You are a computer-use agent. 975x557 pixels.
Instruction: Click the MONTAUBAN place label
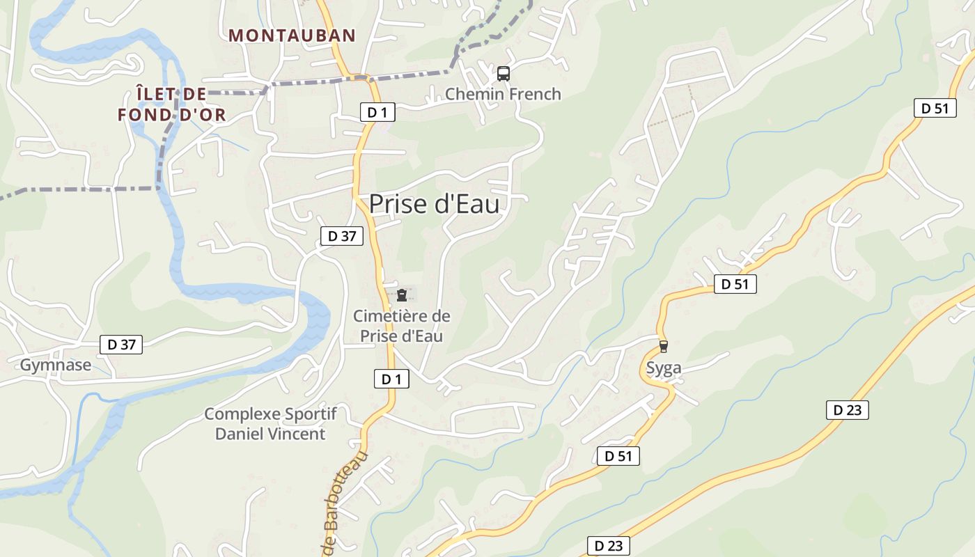292,35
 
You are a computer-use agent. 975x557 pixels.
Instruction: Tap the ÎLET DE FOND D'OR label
172,104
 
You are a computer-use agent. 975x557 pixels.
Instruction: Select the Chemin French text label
503,94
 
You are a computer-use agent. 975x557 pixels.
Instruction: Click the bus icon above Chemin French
504,73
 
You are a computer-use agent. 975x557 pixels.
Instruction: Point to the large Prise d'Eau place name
434,204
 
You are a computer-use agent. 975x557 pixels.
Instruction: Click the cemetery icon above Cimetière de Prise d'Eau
402,295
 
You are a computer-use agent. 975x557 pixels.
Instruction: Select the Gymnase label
56,365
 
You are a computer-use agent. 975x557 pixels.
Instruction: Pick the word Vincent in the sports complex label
297,434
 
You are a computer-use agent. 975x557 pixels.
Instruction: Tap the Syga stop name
664,368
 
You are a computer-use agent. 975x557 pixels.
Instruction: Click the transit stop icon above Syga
664,346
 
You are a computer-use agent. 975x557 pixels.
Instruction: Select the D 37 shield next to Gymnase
121,344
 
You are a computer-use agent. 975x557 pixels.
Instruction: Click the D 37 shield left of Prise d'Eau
342,236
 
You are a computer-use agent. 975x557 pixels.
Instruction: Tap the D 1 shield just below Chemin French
377,111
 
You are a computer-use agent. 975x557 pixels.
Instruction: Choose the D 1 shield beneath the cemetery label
391,379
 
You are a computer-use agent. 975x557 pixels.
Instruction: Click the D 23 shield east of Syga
848,410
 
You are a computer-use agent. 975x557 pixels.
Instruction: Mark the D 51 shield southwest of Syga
618,456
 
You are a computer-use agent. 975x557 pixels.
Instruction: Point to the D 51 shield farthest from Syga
935,108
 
